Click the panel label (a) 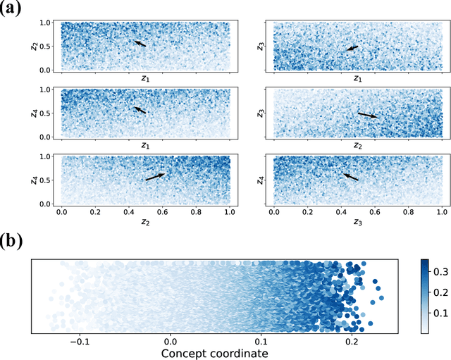[15, 10]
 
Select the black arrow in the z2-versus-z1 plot [140, 44]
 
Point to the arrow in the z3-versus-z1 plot [352, 48]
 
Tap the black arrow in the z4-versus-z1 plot [140, 110]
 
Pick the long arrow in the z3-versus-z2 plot [367, 115]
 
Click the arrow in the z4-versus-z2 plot [156, 177]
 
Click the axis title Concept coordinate [214, 352]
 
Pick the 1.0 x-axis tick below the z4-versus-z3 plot [441, 211]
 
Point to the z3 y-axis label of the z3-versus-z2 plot [260, 113]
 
